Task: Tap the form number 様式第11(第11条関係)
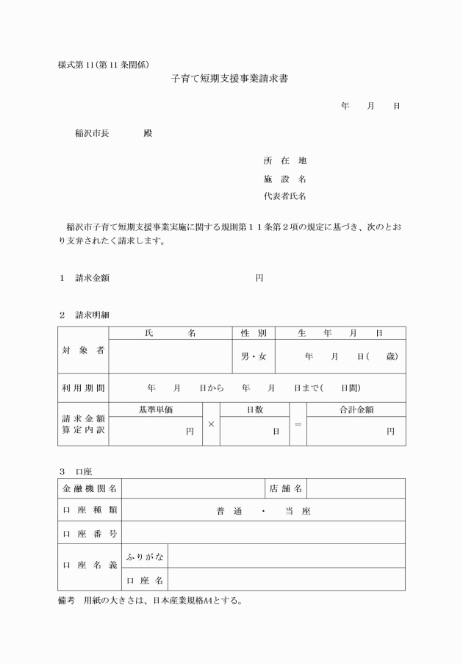click(x=104, y=64)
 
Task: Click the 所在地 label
click(x=284, y=160)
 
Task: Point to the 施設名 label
click(x=284, y=179)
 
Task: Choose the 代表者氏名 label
click(x=284, y=196)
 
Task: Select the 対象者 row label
click(x=83, y=350)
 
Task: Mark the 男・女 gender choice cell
click(x=254, y=357)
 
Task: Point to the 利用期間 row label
click(x=83, y=388)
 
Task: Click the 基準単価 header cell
click(x=156, y=410)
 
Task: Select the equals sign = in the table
click(x=298, y=424)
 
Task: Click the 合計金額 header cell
click(x=356, y=410)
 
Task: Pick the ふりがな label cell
click(x=146, y=556)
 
